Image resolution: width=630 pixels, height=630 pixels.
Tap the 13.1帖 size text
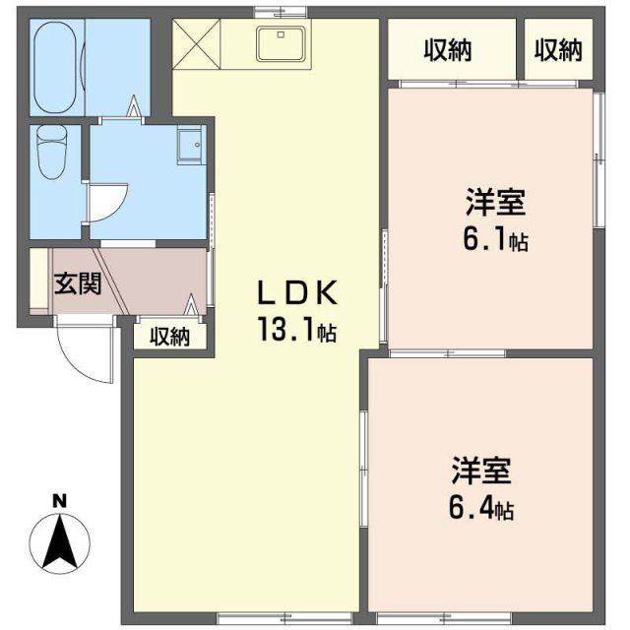click(297, 331)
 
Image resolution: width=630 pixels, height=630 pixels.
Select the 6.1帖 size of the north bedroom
click(495, 239)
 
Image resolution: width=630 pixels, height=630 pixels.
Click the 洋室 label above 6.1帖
click(495, 204)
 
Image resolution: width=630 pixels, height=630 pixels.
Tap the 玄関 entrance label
click(77, 284)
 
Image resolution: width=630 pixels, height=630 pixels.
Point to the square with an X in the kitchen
click(197, 45)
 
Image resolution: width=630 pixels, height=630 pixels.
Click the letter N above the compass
click(59, 501)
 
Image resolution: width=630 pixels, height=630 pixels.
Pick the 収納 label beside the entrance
click(170, 336)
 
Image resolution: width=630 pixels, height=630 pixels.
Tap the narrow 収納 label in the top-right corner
click(558, 48)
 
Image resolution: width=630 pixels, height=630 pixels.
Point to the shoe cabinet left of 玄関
click(37, 280)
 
